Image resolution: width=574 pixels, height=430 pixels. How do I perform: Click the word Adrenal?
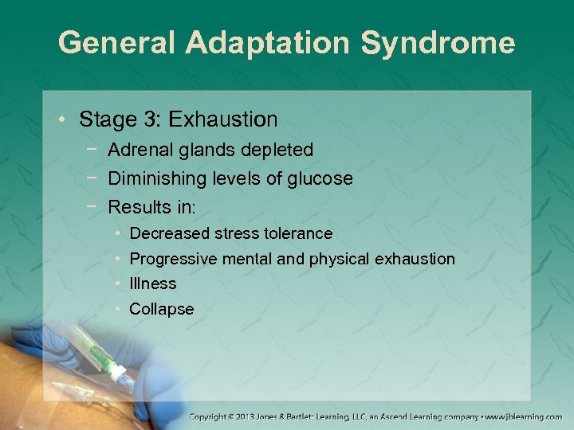pyautogui.click(x=136, y=150)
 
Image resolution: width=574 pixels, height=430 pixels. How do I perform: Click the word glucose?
pyautogui.click(x=320, y=179)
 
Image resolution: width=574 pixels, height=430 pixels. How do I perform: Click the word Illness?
pyautogui.click(x=153, y=283)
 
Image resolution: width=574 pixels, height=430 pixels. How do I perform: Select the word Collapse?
pyautogui.click(x=161, y=309)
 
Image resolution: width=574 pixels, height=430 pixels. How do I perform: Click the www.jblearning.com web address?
pyautogui.click(x=524, y=416)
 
